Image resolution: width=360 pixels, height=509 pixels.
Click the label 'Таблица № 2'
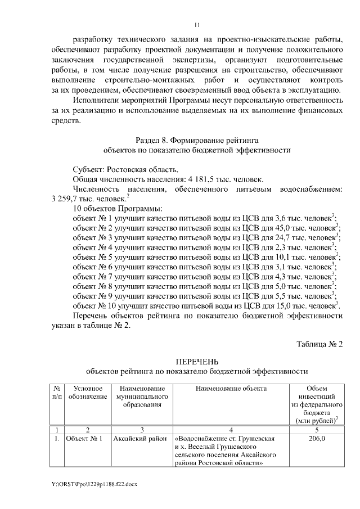(319, 344)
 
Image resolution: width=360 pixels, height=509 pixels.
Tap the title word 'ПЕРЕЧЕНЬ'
(196, 361)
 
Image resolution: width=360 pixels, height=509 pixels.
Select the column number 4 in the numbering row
(231, 429)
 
